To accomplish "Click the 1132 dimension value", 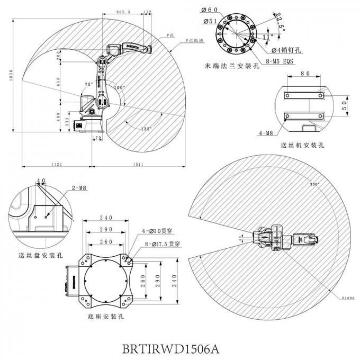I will pyautogui.click(x=56, y=165).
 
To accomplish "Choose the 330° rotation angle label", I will pyautogui.click(x=316, y=184).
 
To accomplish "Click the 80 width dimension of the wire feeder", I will pyautogui.click(x=304, y=75).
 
